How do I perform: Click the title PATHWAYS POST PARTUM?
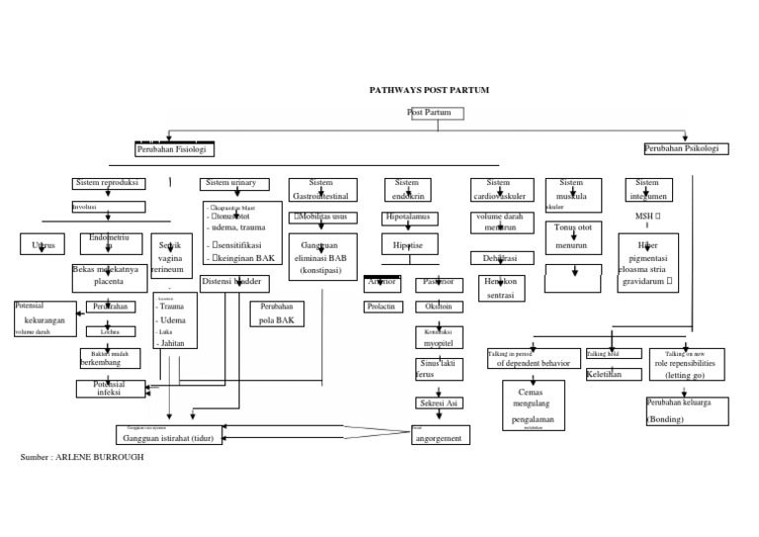[x=429, y=90]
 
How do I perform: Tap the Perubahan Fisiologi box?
[x=174, y=149]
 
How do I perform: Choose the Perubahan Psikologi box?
[x=686, y=148]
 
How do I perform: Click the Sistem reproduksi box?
[x=109, y=183]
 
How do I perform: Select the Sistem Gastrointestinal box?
[x=322, y=189]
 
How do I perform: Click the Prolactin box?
[x=382, y=308]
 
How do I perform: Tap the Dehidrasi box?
[x=502, y=258]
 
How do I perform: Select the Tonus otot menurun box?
[x=572, y=237]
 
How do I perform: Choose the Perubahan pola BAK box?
[x=276, y=314]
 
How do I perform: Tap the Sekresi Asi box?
[x=439, y=403]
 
